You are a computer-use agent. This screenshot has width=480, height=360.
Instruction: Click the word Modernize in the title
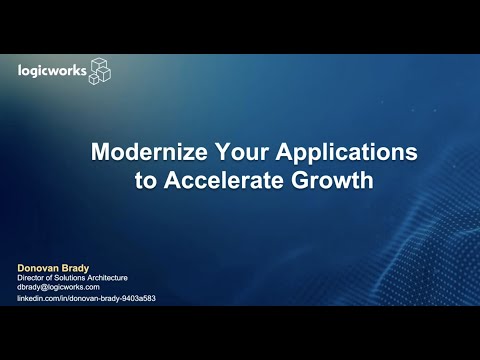146,155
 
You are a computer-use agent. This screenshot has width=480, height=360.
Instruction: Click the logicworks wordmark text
53,70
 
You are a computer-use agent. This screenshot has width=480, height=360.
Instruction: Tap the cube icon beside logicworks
100,70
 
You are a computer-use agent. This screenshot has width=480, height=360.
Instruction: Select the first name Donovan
37,267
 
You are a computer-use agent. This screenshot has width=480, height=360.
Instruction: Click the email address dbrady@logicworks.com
58,288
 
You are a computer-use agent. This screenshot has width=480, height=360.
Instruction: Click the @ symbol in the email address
46,288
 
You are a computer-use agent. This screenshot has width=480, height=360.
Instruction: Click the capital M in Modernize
100,155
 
